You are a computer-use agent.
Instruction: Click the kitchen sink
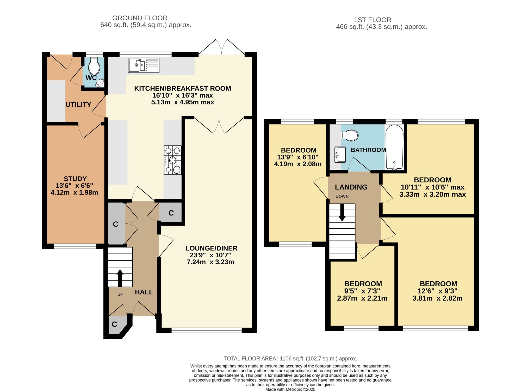click(x=144, y=65)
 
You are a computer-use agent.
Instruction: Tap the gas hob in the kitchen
click(x=172, y=160)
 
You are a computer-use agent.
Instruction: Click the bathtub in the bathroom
click(x=394, y=147)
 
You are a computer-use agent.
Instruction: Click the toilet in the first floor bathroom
click(x=349, y=135)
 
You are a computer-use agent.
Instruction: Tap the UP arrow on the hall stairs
click(x=120, y=278)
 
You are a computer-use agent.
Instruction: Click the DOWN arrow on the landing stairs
click(x=342, y=212)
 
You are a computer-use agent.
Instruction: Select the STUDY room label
click(x=75, y=179)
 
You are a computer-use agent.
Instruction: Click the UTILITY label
click(x=78, y=105)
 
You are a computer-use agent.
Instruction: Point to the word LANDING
click(x=351, y=187)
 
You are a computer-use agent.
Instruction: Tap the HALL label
click(x=144, y=292)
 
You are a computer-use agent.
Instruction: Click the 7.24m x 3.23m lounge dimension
click(x=210, y=262)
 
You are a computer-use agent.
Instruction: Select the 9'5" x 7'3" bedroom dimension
click(x=362, y=291)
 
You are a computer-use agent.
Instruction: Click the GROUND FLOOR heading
click(x=140, y=18)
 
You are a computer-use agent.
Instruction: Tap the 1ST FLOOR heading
click(x=373, y=20)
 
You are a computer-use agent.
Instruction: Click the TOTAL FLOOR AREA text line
click(x=290, y=359)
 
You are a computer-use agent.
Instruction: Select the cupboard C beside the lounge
click(x=171, y=213)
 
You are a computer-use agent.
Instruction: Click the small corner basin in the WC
click(x=100, y=83)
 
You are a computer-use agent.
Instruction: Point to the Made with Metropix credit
click(x=290, y=389)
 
